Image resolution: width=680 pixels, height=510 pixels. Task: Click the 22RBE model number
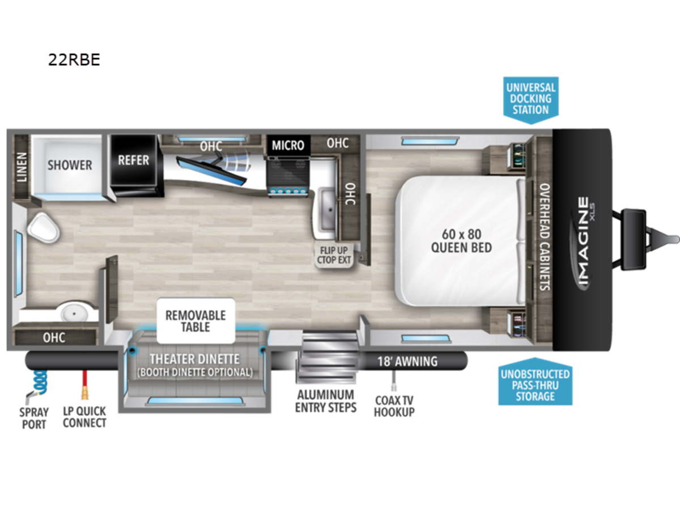pos(74,59)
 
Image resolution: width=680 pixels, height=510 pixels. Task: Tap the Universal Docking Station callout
pos(530,100)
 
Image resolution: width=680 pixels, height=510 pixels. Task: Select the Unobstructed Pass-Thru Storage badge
pos(535,382)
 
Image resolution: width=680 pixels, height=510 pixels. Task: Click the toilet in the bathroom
pos(44,228)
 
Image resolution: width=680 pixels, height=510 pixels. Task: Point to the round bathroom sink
pos(74,312)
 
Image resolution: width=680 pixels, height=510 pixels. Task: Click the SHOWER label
pos(70,165)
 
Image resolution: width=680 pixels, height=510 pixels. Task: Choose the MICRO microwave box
pos(288,145)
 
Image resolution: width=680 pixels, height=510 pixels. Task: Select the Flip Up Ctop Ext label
pos(334,255)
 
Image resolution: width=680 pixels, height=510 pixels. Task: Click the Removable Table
pos(196,321)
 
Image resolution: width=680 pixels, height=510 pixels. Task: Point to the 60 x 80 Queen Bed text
pos(462,241)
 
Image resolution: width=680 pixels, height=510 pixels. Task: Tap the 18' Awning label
pos(407,361)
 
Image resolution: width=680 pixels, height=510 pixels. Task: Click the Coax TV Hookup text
pos(394,406)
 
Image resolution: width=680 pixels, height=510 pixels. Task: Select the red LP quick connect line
pos(84,385)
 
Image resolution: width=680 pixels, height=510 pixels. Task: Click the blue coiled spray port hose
pos(40,384)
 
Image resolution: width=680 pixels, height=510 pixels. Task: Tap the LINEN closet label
pos(22,167)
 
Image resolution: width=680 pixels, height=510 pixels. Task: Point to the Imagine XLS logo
pos(583,244)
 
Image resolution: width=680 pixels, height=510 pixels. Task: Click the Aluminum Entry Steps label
pos(326,401)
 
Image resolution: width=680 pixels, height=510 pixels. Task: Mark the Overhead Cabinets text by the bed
pos(545,237)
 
